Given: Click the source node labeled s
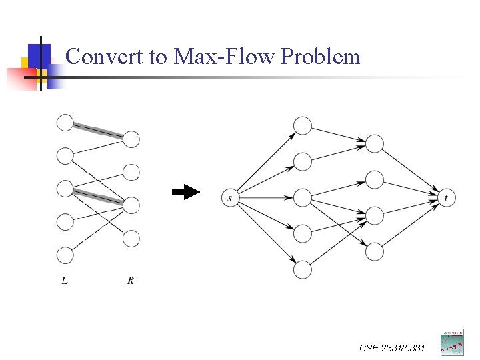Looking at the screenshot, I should click(x=230, y=198).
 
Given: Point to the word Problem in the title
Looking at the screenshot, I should click(x=321, y=57).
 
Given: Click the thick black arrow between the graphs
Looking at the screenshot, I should click(x=186, y=193).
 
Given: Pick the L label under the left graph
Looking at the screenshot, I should click(x=64, y=281).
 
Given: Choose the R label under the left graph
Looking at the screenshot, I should click(x=131, y=281).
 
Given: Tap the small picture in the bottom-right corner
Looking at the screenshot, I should click(x=452, y=342).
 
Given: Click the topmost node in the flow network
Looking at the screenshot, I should click(x=303, y=125).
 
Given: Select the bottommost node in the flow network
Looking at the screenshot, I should click(x=303, y=269).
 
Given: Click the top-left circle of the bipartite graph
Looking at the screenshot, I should click(x=65, y=123).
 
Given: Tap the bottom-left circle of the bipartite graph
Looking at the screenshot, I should click(x=65, y=255).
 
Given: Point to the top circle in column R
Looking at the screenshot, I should click(x=131, y=139).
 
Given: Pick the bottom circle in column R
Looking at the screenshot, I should click(x=131, y=238).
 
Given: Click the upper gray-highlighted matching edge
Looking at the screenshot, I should click(x=98, y=131).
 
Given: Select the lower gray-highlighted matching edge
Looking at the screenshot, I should click(x=98, y=197).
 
